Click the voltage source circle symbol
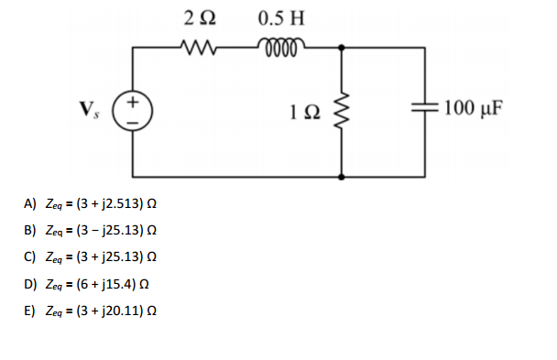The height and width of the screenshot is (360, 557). [133, 111]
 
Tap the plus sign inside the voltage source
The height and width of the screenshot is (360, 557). [133, 101]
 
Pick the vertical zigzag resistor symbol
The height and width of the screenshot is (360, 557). [342, 111]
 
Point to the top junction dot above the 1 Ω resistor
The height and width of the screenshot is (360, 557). [342, 48]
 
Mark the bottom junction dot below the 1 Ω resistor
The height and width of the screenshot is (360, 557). [342, 175]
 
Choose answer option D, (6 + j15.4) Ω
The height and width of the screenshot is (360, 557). [93, 284]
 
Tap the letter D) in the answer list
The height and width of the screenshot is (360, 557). [31, 284]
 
